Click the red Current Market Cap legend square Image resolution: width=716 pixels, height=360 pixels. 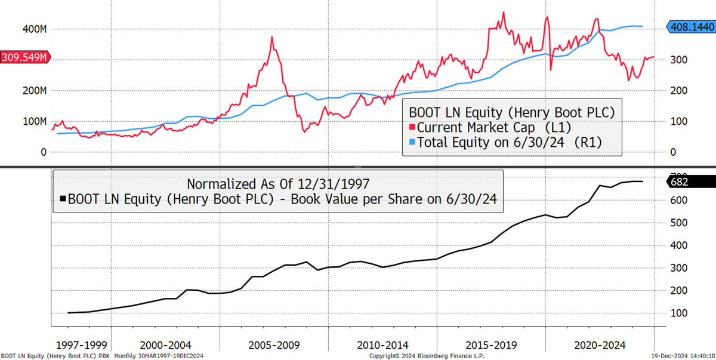pyautogui.click(x=412, y=127)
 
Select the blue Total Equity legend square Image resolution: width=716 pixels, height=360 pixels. pyautogui.click(x=412, y=142)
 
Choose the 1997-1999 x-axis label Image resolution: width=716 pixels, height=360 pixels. pyautogui.click(x=82, y=344)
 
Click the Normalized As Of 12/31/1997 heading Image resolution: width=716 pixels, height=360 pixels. pyautogui.click(x=277, y=183)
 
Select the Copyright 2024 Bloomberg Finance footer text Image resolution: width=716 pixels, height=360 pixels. pyautogui.click(x=427, y=356)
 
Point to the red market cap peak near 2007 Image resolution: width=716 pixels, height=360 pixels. pyautogui.click(x=272, y=37)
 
